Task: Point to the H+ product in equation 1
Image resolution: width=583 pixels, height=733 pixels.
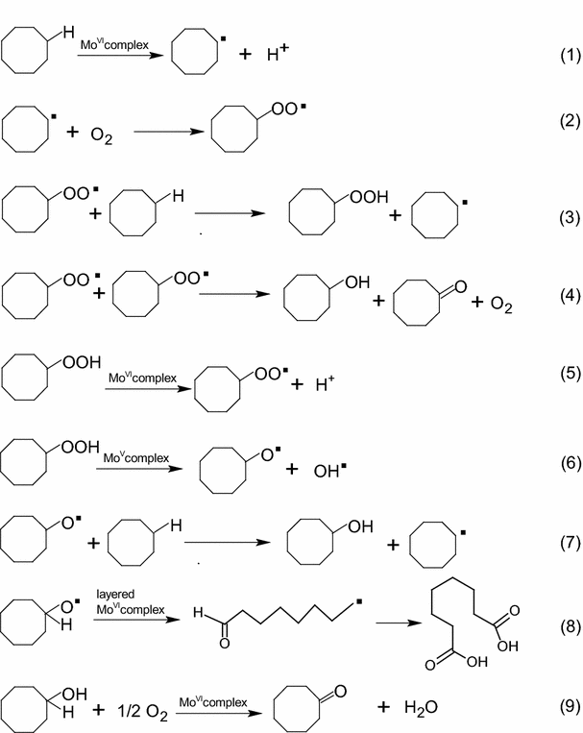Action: pos(277,54)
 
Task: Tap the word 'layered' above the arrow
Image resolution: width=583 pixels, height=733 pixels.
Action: pos(115,594)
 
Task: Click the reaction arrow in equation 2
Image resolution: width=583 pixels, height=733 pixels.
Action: pos(168,134)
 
